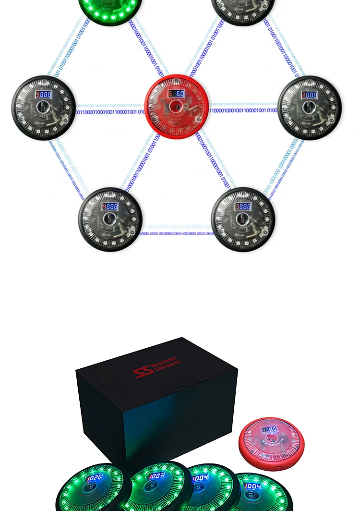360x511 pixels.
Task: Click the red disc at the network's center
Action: click(177, 107)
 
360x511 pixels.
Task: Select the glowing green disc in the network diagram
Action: click(110, 10)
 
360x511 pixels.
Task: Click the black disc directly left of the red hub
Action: click(44, 108)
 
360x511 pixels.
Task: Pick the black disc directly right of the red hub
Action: click(310, 108)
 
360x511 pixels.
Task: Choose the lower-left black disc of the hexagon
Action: click(110, 219)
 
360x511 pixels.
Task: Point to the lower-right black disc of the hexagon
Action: click(243, 219)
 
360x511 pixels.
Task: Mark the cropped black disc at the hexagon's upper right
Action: click(243, 10)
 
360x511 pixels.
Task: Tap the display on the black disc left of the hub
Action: click(44, 95)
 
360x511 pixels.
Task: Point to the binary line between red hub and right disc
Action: click(243, 110)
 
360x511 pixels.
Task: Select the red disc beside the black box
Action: click(271, 443)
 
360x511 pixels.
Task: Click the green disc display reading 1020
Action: click(94, 478)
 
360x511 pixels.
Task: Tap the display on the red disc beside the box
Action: click(269, 429)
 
